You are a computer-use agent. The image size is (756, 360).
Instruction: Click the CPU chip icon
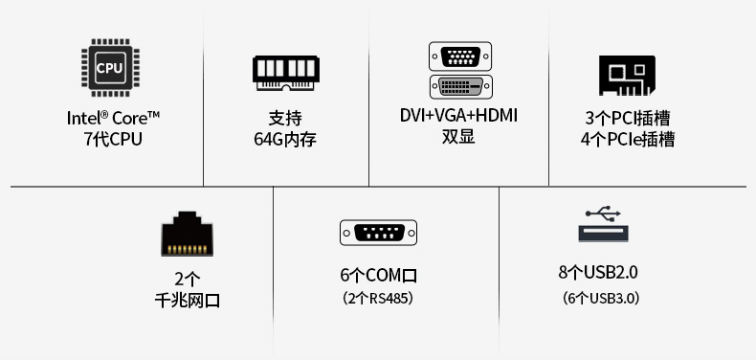pos(109,68)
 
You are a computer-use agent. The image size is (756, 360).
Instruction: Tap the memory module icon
pos(285,71)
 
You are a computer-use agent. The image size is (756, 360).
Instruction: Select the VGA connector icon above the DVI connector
pos(460,56)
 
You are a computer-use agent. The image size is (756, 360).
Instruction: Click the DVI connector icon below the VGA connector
pos(460,87)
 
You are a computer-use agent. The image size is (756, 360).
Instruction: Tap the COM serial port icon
pos(379,233)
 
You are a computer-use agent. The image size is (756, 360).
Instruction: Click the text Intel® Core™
pos(113,118)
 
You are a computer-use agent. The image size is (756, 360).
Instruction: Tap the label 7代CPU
pos(112,139)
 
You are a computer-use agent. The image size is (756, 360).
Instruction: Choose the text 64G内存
pos(285,140)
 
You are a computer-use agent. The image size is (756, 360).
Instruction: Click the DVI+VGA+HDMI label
pos(458,116)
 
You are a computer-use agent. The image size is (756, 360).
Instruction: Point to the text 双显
pos(458,137)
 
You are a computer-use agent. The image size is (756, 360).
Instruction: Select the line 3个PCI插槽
pos(627,118)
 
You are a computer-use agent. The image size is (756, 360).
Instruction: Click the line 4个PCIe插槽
pos(627,139)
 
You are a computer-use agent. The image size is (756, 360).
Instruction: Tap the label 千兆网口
pos(188,301)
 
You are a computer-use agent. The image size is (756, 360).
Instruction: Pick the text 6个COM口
pos(379,276)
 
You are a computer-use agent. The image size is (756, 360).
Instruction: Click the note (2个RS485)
pos(379,299)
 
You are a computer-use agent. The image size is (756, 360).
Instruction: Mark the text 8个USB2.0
pos(598,272)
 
